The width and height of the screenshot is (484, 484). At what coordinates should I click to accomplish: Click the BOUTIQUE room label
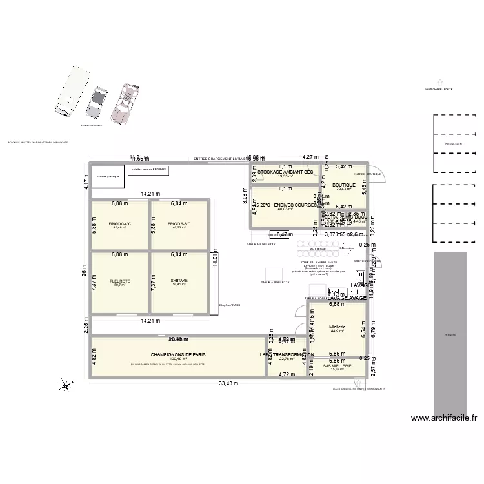(x=344, y=185)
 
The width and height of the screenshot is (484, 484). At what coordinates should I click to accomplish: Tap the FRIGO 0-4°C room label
(x=120, y=223)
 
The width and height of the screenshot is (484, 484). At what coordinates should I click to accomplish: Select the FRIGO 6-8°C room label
(x=179, y=223)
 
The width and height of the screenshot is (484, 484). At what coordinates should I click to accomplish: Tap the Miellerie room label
(x=338, y=327)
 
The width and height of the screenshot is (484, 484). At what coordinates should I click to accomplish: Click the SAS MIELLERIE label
(x=338, y=365)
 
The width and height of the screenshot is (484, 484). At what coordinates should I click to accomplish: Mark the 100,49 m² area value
(x=178, y=359)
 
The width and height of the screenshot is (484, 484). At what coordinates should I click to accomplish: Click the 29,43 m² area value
(x=344, y=190)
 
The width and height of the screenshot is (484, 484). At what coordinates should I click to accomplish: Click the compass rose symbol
(x=65, y=387)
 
